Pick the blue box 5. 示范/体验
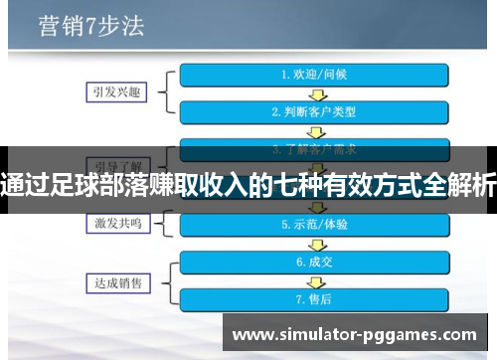(x=314, y=225)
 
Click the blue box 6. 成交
(x=314, y=262)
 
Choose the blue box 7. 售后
(x=314, y=298)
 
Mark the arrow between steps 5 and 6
(x=314, y=244)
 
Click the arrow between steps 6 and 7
(x=314, y=280)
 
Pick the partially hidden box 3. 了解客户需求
(x=314, y=148)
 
